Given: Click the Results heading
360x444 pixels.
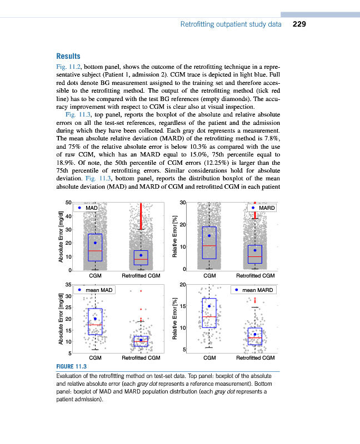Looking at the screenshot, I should pyautogui.click(x=68, y=56).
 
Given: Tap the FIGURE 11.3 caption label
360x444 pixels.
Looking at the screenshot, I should pyautogui.click(x=72, y=367).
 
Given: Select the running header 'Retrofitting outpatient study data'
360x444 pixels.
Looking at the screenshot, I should pyautogui.click(x=231, y=24).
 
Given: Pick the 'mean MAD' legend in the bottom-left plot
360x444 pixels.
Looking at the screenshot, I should pyautogui.click(x=98, y=290).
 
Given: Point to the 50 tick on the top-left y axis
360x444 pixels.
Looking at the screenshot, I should pyautogui.click(x=68, y=202).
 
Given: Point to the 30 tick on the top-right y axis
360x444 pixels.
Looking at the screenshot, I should pyautogui.click(x=182, y=202).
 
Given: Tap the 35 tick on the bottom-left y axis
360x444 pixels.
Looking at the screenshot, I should pyautogui.click(x=68, y=285).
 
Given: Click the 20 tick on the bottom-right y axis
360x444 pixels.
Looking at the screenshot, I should pyautogui.click(x=182, y=285).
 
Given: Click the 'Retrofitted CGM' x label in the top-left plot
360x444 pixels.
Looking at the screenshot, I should pyautogui.click(x=141, y=275).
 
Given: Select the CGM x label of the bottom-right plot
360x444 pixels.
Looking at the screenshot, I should pyautogui.click(x=209, y=358).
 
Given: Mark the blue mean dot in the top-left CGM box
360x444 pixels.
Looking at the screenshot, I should pyautogui.click(x=95, y=243).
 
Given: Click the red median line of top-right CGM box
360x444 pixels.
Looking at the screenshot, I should pyautogui.click(x=209, y=245).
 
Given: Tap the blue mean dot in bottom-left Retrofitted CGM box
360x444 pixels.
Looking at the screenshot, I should pyautogui.click(x=141, y=340).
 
